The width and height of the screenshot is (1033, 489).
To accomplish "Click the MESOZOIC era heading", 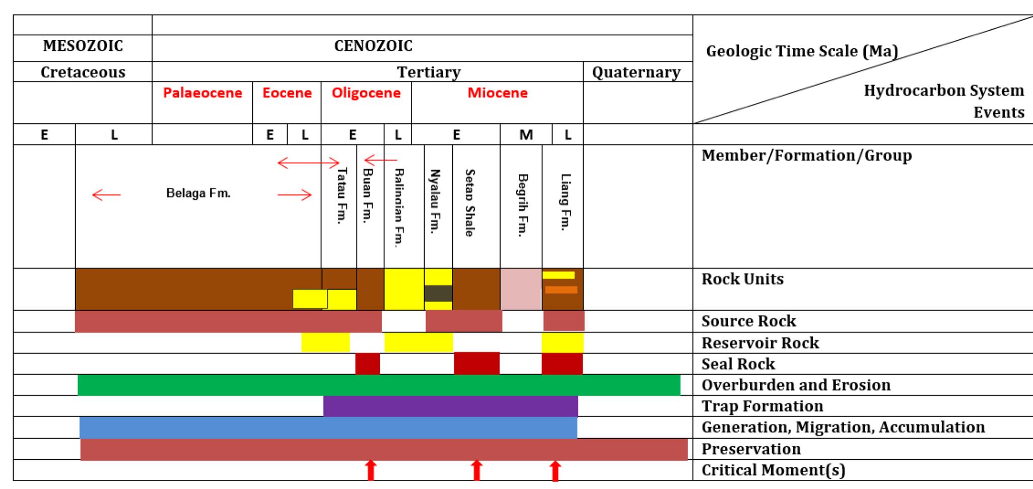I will (83, 46).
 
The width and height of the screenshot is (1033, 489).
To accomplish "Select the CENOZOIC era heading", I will (373, 46).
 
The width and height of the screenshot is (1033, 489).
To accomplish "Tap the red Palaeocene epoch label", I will (202, 93).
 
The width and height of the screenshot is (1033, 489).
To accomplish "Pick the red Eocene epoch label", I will (287, 93).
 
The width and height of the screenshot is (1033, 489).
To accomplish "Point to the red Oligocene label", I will (366, 93).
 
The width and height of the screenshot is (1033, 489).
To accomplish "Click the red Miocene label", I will (498, 93).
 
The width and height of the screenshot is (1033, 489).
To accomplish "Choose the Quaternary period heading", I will (636, 73).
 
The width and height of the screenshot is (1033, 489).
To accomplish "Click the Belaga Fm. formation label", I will (198, 193).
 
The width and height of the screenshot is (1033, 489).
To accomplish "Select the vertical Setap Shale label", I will (469, 202).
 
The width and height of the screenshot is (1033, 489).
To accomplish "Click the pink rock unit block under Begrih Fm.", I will (521, 289).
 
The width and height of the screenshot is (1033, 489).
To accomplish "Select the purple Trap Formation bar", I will (450, 406).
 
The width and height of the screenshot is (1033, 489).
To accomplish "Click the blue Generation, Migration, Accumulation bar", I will (328, 428).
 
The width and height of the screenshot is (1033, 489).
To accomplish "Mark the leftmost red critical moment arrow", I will (371, 470).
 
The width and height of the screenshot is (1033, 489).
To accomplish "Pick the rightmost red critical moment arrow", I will (555, 471).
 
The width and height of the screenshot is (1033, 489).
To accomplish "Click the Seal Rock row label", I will (738, 364).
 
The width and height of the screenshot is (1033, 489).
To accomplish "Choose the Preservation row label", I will (751, 449).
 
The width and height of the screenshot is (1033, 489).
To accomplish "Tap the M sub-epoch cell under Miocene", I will (526, 135).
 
